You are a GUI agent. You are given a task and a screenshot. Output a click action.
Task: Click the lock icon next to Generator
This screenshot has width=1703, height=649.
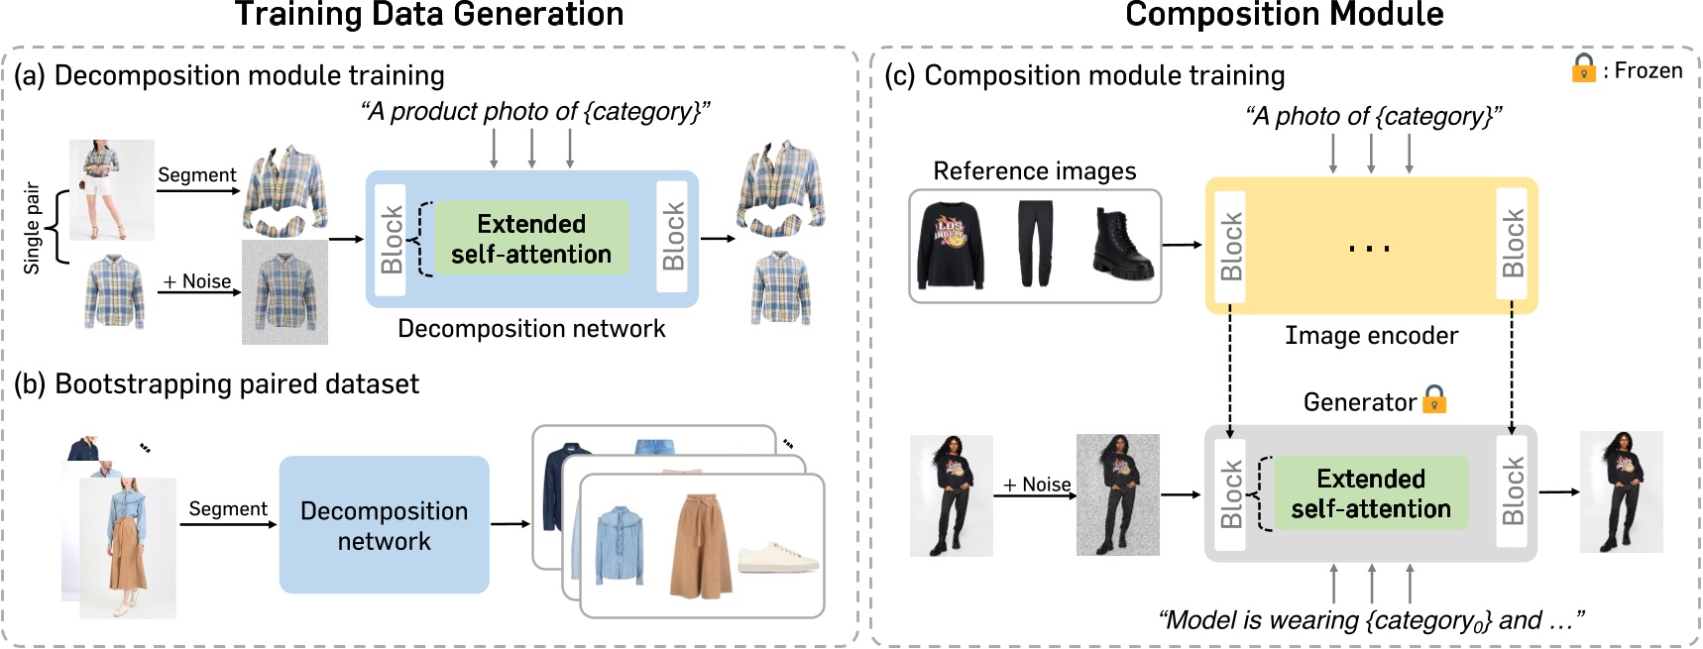click(x=1434, y=400)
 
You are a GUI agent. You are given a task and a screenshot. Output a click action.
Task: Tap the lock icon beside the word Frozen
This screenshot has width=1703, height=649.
click(x=1583, y=68)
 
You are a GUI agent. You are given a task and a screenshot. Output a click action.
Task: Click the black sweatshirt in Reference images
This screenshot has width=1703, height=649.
click(x=952, y=245)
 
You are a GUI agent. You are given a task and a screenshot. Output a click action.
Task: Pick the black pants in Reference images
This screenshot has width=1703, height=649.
click(x=1035, y=244)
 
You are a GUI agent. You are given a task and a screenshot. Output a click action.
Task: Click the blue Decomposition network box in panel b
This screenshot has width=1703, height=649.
click(x=385, y=525)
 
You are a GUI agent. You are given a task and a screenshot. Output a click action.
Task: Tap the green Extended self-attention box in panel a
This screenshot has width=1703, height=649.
click(x=531, y=239)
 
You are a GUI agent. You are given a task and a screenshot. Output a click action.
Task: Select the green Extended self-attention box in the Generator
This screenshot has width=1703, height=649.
click(x=1370, y=493)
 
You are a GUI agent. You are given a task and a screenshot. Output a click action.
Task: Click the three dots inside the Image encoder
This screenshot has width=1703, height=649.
click(x=1369, y=248)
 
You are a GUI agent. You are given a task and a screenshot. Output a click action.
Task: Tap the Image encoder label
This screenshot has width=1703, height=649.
click(x=1371, y=336)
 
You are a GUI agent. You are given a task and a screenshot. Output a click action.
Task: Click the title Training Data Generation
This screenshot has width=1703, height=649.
click(x=428, y=15)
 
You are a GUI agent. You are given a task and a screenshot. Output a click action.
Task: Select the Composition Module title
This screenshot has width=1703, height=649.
click(x=1284, y=15)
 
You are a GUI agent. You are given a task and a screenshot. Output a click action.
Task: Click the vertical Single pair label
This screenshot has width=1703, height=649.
click(x=32, y=228)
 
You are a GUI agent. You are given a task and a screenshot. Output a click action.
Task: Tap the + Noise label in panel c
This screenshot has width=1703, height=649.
click(x=1036, y=485)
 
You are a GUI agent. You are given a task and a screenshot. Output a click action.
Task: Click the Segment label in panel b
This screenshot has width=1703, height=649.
click(x=227, y=508)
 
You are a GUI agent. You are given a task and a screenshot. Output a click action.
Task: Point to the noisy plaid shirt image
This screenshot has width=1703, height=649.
click(x=284, y=292)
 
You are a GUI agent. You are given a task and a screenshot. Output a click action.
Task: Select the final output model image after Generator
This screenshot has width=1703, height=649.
click(x=1621, y=491)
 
